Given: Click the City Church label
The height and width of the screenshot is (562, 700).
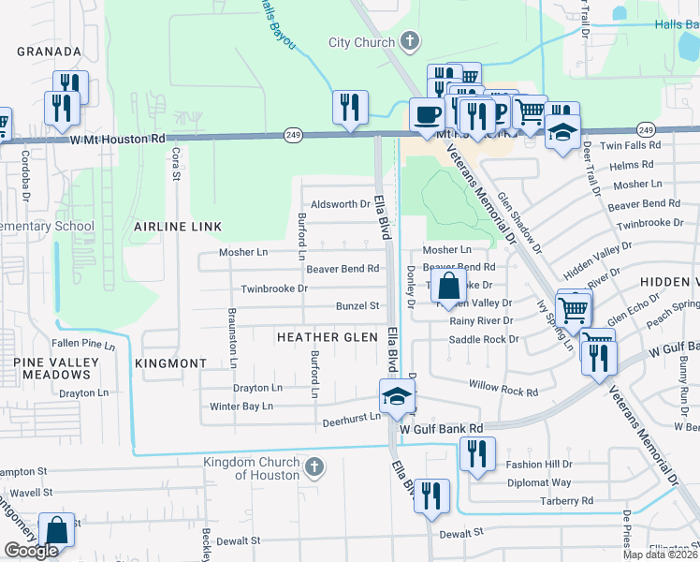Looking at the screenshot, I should click(363, 42).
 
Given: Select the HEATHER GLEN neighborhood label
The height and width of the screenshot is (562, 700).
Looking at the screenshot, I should click(328, 336).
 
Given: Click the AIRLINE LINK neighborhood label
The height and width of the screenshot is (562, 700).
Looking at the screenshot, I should click(178, 227).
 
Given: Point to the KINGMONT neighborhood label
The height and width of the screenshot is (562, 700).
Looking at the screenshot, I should click(170, 362).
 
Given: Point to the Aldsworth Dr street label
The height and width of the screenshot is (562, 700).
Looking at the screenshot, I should click(341, 204).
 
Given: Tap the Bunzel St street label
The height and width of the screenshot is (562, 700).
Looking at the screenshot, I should click(357, 305).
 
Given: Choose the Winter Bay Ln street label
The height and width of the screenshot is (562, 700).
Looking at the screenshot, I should click(241, 407).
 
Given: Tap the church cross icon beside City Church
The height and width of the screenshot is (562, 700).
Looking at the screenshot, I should click(408, 41).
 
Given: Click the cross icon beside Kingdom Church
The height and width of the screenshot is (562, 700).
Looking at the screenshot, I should click(315, 466).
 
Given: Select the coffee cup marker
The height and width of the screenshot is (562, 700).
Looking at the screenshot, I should click(428, 115).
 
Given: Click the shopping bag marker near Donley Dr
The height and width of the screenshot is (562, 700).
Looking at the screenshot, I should click(449, 286).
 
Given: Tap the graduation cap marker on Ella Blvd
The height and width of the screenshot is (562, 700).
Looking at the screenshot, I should click(397, 396).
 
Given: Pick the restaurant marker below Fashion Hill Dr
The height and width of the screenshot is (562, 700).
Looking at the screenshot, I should click(431, 495).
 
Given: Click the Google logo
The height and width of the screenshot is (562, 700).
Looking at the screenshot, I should click(32, 551).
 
